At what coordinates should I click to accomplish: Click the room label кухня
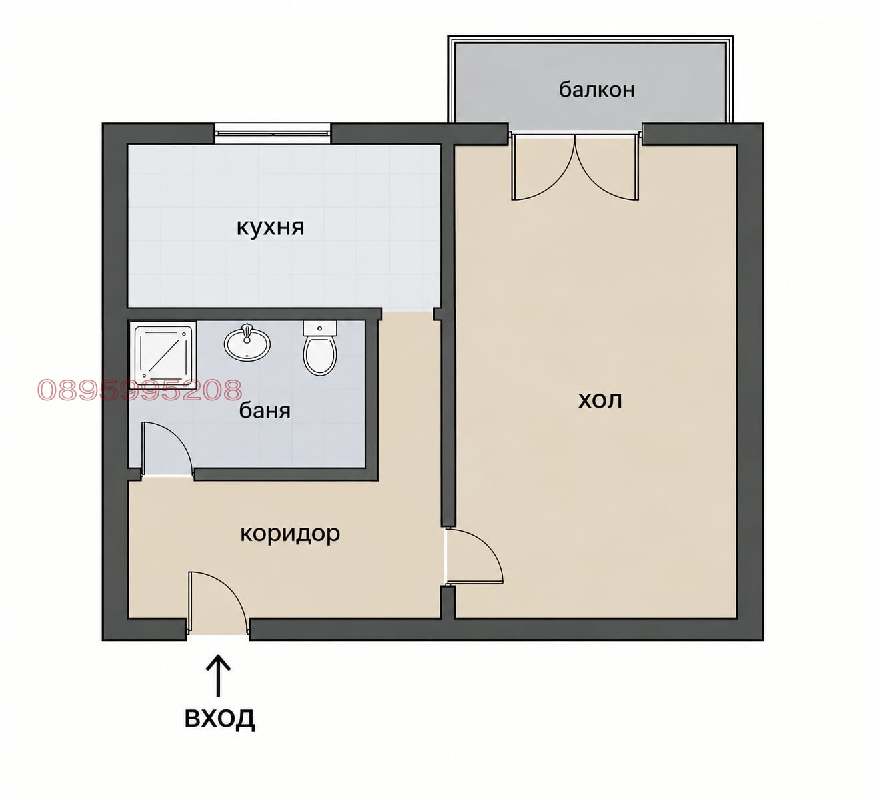270,228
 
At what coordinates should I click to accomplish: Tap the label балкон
596,90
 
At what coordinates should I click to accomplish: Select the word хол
600,400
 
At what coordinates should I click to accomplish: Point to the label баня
265,410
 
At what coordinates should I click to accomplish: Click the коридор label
290,534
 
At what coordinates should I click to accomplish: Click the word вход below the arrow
220,717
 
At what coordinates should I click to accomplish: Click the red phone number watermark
139,390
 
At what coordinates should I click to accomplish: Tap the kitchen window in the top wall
273,133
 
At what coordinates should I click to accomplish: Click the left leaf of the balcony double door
543,167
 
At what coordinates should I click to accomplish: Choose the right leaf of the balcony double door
607,167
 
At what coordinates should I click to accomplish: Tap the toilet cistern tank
320,328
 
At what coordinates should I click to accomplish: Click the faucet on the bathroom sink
247,332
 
